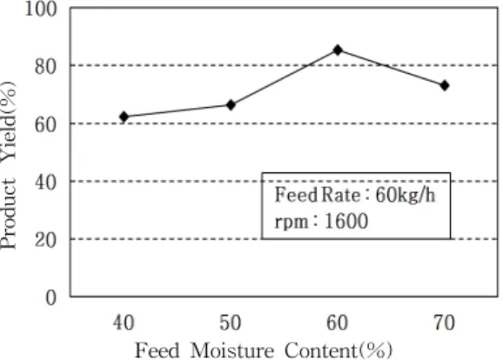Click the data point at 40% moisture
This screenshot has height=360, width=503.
pyautogui.click(x=124, y=117)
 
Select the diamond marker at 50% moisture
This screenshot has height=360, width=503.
pyautogui.click(x=231, y=105)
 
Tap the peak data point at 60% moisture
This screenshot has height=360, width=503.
pyautogui.click(x=338, y=50)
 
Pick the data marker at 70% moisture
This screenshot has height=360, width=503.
pyautogui.click(x=445, y=85)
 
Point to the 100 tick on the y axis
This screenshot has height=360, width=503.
pyautogui.click(x=41, y=9)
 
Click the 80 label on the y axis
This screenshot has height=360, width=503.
pyautogui.click(x=46, y=67)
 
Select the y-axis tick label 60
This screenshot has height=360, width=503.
pyautogui.click(x=46, y=124)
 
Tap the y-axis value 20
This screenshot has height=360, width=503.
pyautogui.click(x=46, y=240)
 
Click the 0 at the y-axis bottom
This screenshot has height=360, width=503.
pyautogui.click(x=51, y=298)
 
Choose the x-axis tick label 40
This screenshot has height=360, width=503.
pyautogui.click(x=124, y=323)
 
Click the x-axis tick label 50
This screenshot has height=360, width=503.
pyautogui.click(x=231, y=323)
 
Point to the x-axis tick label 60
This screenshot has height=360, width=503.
pyautogui.click(x=338, y=323)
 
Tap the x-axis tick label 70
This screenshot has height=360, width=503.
pyautogui.click(x=445, y=323)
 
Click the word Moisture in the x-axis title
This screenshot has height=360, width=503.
pyautogui.click(x=232, y=350)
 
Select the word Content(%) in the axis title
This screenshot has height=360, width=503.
pyautogui.click(x=339, y=350)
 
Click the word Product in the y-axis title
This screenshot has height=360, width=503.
pyautogui.click(x=8, y=214)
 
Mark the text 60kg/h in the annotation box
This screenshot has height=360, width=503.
pyautogui.click(x=406, y=195)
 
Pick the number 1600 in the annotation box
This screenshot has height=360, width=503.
pyautogui.click(x=346, y=221)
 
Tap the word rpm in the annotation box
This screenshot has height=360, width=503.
pyautogui.click(x=292, y=223)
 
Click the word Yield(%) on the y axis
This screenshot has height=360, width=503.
pyautogui.click(x=8, y=124)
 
